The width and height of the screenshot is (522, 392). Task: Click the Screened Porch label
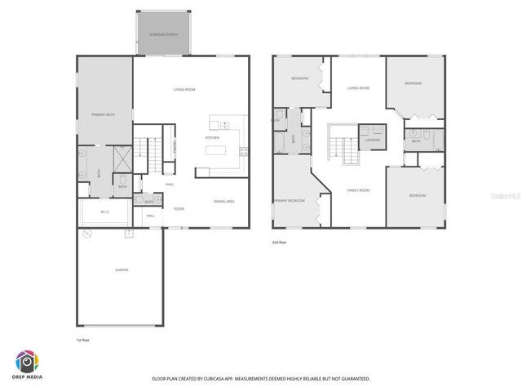(x=163, y=34)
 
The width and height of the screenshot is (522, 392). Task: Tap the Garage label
(x=122, y=269)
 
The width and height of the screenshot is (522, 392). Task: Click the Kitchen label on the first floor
(x=212, y=138)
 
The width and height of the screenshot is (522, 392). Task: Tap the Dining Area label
(x=224, y=201)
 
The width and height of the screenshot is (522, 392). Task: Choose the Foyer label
(x=178, y=209)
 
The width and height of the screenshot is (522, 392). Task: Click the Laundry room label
(x=373, y=140)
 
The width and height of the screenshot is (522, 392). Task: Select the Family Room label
(x=358, y=190)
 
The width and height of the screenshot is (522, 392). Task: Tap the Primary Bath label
(x=104, y=115)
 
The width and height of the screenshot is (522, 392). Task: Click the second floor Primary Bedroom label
(x=290, y=200)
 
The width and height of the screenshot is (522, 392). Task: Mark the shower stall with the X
(x=122, y=157)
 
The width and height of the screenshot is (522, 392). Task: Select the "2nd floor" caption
(x=281, y=243)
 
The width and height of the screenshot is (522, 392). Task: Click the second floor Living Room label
(x=358, y=88)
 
